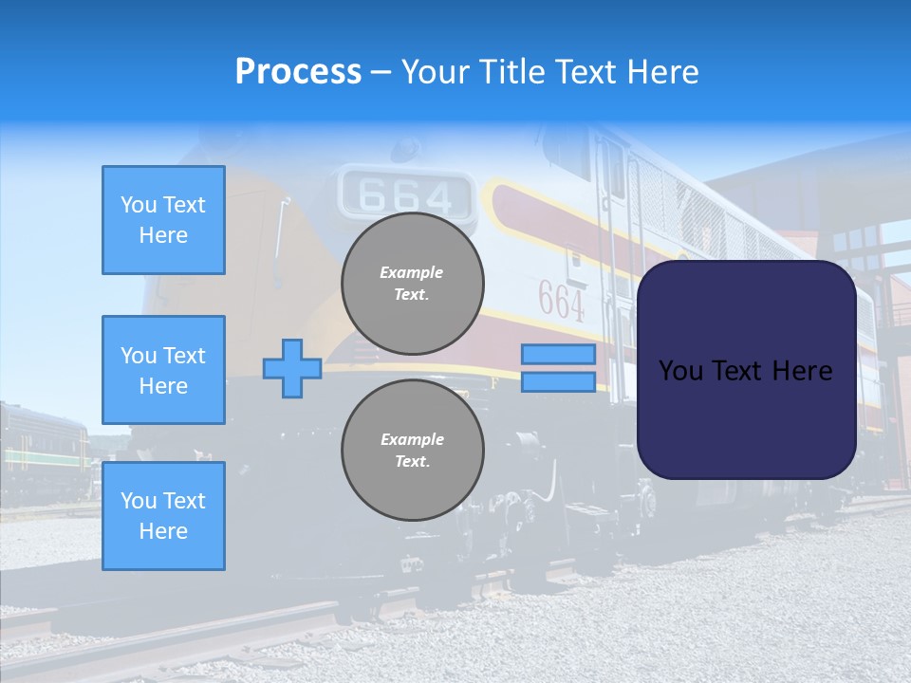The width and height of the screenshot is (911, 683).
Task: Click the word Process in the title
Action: (298, 72)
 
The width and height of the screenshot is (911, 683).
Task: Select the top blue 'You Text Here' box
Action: (163, 220)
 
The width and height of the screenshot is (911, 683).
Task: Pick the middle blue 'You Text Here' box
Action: (163, 370)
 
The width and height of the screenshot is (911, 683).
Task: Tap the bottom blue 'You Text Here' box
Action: (163, 516)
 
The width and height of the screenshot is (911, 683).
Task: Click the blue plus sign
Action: (292, 368)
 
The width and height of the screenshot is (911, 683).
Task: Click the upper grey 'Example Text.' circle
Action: (412, 284)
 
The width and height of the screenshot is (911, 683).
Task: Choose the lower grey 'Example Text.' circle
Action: (412, 451)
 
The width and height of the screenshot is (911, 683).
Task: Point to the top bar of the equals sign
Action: (558, 355)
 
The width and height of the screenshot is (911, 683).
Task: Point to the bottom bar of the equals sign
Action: (558, 382)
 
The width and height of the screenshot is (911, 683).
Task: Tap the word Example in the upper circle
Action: (412, 272)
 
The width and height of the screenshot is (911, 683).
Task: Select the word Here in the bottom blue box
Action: (163, 531)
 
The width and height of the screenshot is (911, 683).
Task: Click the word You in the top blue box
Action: (139, 205)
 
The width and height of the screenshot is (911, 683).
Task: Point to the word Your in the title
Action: (437, 72)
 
